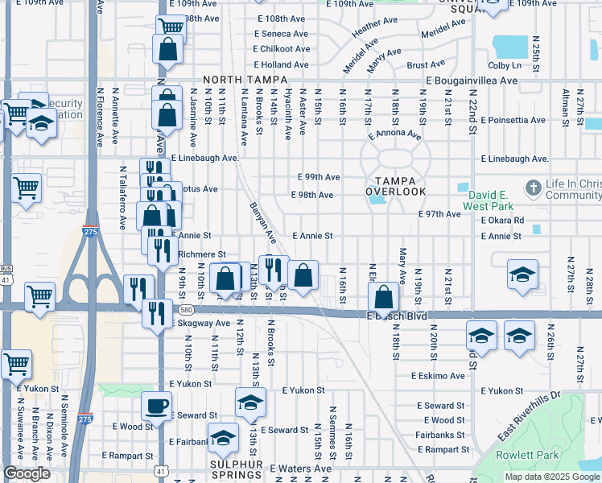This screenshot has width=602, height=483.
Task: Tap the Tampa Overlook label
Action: coord(395,186)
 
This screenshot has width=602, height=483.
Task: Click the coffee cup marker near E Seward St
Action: coord(156,406)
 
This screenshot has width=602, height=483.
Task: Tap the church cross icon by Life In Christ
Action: coord(532,188)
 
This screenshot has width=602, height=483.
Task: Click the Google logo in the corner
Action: coord(27,473)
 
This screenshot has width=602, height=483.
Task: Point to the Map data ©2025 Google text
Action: coord(553,477)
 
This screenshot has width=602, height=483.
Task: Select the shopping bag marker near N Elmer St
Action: coord(386,295)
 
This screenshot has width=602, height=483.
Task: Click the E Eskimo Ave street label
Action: coord(438,376)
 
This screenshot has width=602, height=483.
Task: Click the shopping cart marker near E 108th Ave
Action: coord(170,27)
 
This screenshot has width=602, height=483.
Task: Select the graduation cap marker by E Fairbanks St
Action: coord(222,439)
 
